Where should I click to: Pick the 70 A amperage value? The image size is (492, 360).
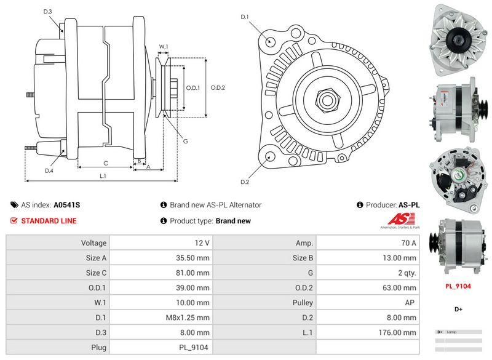pyautogui.click(x=408, y=243)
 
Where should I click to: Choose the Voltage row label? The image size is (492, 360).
pyautogui.click(x=94, y=243)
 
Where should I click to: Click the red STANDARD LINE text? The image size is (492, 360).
pyautogui.click(x=49, y=221)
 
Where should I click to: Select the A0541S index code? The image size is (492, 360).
pyautogui.click(x=67, y=205)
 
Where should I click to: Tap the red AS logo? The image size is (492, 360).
pyautogui.click(x=402, y=219)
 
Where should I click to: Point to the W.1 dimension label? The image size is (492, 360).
pyautogui.click(x=164, y=47)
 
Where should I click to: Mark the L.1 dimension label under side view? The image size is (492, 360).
pyautogui.click(x=103, y=177)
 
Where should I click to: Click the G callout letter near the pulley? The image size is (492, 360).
pyautogui.click(x=185, y=141)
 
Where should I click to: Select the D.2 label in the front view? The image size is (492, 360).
pyautogui.click(x=245, y=182)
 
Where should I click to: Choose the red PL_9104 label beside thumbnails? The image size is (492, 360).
pyautogui.click(x=458, y=286)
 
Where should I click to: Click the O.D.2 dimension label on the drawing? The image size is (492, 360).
pyautogui.click(x=218, y=87)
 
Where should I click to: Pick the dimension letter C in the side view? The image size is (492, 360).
pyautogui.click(x=106, y=163)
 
